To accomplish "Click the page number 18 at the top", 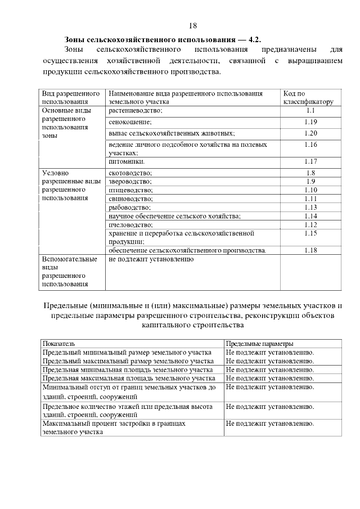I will click(x=193, y=26).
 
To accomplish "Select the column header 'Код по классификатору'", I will click(x=308, y=97).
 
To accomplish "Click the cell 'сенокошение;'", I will click(x=130, y=122).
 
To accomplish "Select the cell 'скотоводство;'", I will click(x=130, y=173).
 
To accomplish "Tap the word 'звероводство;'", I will click(x=131, y=182).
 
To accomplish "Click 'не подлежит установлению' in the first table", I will click(x=151, y=259).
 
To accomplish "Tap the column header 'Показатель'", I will click(x=58, y=344).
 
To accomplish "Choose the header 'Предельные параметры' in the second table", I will click(x=259, y=344).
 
